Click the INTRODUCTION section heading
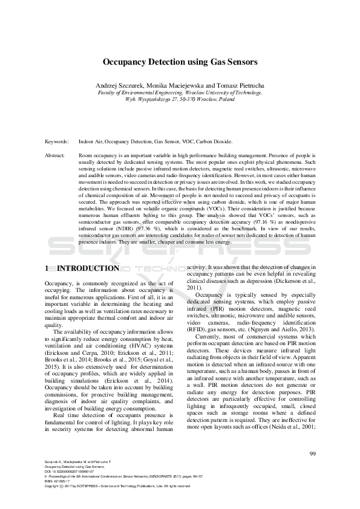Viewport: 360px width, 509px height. click(x=87, y=268)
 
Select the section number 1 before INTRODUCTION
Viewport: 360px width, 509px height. click(x=48, y=268)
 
